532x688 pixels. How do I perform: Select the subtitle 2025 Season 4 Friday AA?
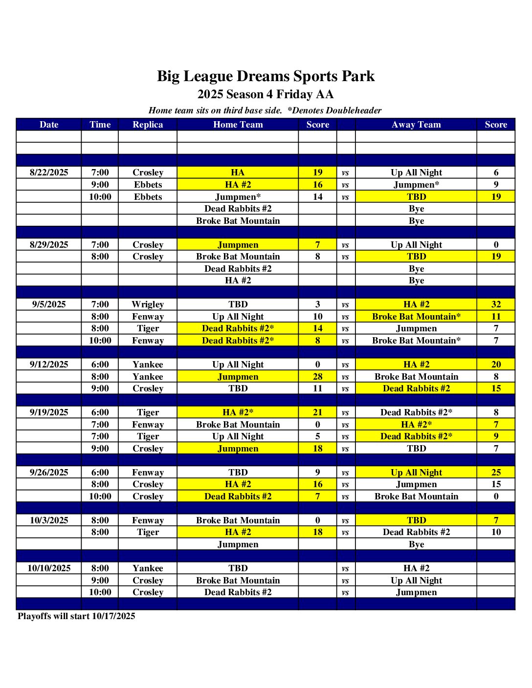[x=266, y=94]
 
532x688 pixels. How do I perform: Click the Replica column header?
[x=148, y=125]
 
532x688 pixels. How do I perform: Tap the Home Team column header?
[x=238, y=125]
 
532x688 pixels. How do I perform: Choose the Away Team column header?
[x=416, y=125]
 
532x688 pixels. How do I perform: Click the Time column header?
[x=100, y=125]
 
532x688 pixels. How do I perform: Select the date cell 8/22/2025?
[x=49, y=172]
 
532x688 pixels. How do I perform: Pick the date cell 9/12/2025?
[x=49, y=365]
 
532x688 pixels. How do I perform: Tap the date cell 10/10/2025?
[x=49, y=568]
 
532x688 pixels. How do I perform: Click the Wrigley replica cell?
[x=148, y=304]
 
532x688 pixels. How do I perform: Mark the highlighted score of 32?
[x=496, y=304]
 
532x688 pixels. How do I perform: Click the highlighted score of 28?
[x=318, y=377]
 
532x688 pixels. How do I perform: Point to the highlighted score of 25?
[x=496, y=473]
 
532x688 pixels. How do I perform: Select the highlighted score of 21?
[x=318, y=412]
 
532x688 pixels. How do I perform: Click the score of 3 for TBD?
[x=318, y=304]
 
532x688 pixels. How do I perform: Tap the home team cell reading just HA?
[x=238, y=172]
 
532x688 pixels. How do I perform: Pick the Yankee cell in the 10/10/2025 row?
[x=148, y=568]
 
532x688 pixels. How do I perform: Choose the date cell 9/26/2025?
[x=49, y=473]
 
